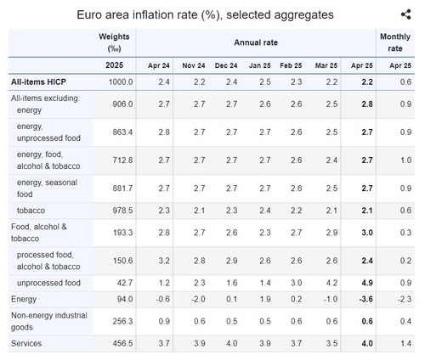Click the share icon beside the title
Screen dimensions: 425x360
click(405, 14)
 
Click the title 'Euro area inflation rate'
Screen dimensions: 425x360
click(137, 14)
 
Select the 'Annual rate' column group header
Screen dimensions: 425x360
click(256, 42)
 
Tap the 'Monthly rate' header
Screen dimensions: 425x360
click(395, 42)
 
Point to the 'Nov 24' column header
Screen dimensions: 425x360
click(194, 65)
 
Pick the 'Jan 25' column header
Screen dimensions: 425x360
click(260, 65)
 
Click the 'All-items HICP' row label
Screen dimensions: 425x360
click(38, 82)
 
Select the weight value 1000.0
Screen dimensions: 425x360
click(121, 82)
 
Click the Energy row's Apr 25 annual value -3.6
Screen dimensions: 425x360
click(365, 299)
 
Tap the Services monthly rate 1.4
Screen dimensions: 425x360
click(405, 344)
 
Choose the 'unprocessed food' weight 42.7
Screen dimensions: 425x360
click(125, 283)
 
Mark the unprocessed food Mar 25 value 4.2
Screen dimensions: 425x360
click(331, 283)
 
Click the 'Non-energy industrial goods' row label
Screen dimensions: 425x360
click(49, 321)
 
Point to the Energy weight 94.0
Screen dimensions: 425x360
click(125, 299)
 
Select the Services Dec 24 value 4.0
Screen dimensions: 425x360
click(232, 344)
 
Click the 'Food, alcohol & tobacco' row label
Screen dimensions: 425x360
click(39, 233)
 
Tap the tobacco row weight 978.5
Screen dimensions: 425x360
click(122, 211)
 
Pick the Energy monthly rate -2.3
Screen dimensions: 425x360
click(405, 299)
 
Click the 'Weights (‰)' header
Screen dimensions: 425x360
click(114, 42)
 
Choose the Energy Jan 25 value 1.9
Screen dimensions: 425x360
click(265, 299)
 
